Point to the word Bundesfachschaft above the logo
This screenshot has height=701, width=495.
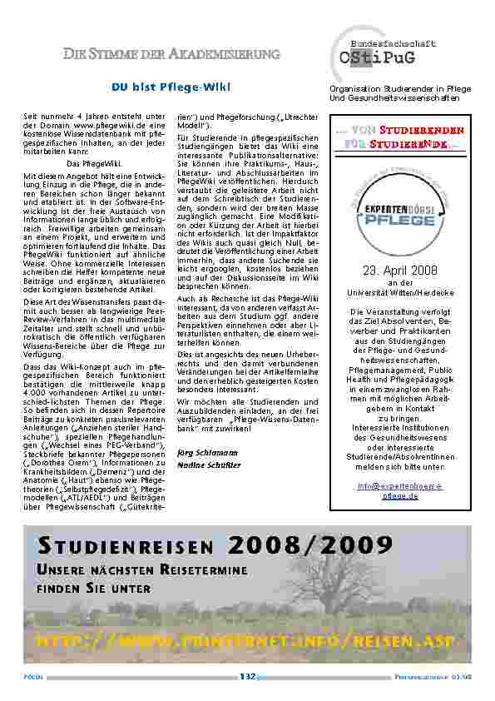point(393,42)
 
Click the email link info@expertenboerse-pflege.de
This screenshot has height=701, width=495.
point(400,490)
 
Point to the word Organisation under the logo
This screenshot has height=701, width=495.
point(354,89)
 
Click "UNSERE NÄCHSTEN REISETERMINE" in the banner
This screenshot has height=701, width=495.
point(141,569)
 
